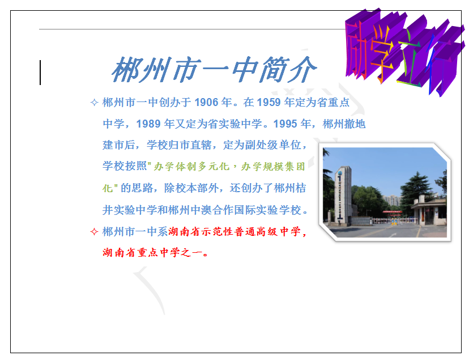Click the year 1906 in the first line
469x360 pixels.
(x=206, y=103)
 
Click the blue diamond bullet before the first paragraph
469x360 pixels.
(x=94, y=103)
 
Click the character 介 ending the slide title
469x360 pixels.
(x=301, y=70)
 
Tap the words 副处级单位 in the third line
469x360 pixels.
(x=275, y=145)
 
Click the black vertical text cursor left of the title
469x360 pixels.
(x=40, y=72)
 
